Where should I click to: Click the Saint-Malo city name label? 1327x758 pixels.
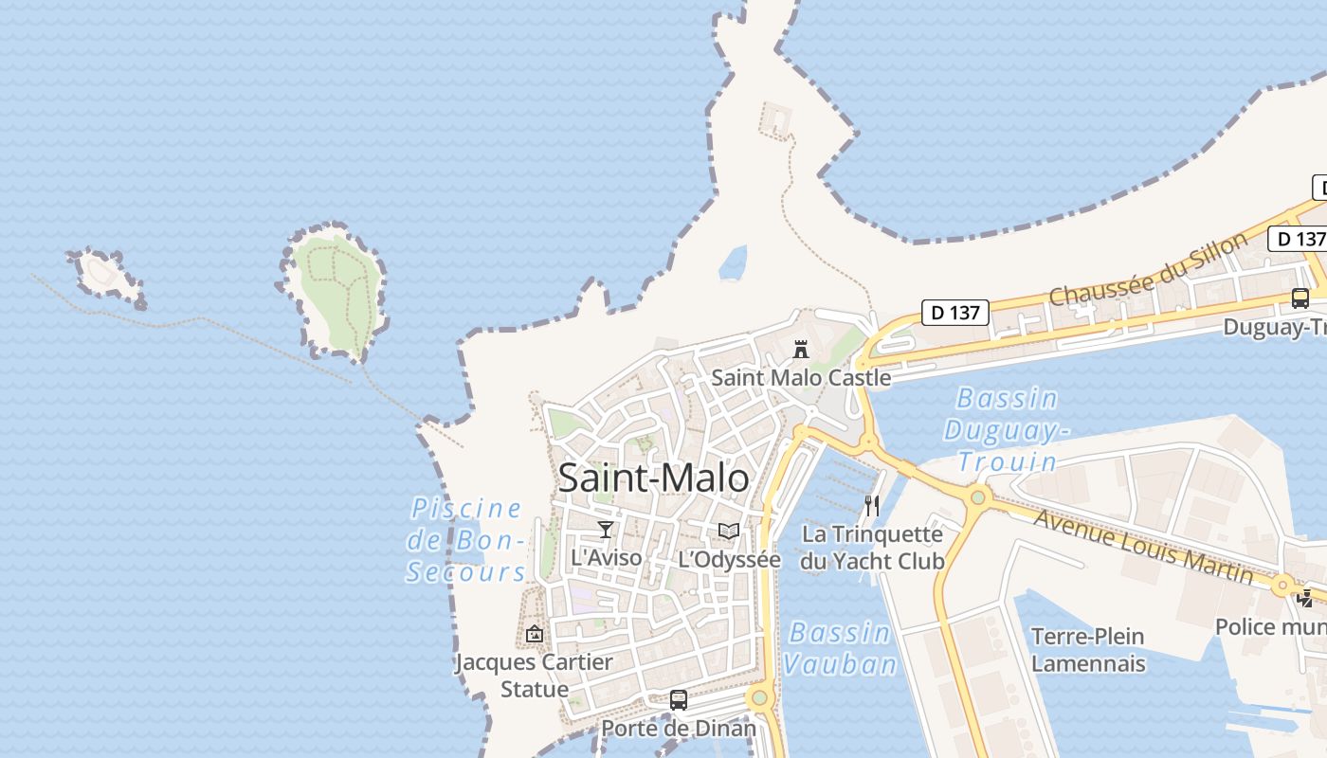653,478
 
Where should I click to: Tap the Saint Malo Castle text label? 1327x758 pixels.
801,377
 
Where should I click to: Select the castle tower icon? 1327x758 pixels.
801,349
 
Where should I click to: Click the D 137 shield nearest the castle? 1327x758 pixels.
955,312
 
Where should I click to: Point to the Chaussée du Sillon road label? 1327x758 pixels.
1149,269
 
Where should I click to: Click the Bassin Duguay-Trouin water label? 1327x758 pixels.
1008,429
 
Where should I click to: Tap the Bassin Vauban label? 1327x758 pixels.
840,648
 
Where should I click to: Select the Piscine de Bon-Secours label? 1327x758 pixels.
466,540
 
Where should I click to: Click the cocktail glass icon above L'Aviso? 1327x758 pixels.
606,529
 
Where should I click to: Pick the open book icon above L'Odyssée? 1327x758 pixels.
728,531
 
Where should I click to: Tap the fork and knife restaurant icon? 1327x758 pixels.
872,505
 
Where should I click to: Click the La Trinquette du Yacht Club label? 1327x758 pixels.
872,548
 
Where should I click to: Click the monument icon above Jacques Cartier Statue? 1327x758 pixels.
535,633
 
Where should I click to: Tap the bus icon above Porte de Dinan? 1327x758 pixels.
679,700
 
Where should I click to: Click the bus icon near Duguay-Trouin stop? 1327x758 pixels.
1300,298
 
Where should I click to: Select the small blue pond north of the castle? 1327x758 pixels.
733,263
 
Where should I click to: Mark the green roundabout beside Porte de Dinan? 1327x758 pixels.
758,699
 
